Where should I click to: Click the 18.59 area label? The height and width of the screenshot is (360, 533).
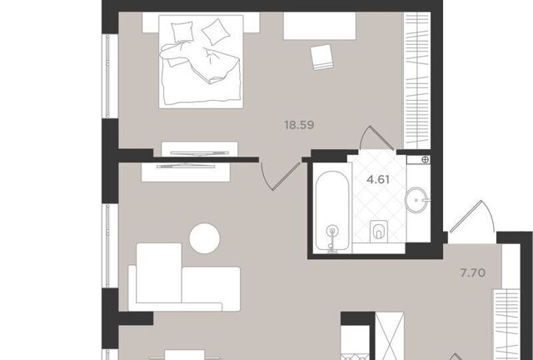coord(299,125)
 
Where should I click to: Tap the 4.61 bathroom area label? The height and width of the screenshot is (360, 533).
coord(378,179)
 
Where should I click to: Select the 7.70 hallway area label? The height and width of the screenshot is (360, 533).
coord(472,272)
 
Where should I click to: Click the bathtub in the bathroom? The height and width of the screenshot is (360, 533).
coord(331,211)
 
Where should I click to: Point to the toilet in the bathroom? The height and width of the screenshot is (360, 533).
coord(379,232)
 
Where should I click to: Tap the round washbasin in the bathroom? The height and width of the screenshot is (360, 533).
coord(416,200)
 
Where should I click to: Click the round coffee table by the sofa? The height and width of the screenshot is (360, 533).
coord(205,238)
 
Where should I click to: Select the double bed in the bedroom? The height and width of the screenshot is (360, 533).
coord(201,62)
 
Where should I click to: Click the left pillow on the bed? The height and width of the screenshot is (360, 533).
coord(182,32)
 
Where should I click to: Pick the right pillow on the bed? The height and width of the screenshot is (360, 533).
coord(216,32)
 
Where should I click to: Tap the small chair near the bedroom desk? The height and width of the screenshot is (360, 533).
coord(322,57)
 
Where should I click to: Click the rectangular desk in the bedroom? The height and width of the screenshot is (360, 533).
coord(320,26)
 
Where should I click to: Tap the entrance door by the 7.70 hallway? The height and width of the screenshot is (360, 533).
coord(471,217)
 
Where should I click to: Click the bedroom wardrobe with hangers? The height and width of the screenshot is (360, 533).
coord(417,81)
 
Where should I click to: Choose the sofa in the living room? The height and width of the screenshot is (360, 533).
coord(184,277)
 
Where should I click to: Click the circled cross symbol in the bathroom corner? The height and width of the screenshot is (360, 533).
coord(426,160)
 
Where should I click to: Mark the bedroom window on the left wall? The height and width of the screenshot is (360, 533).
coord(107,76)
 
